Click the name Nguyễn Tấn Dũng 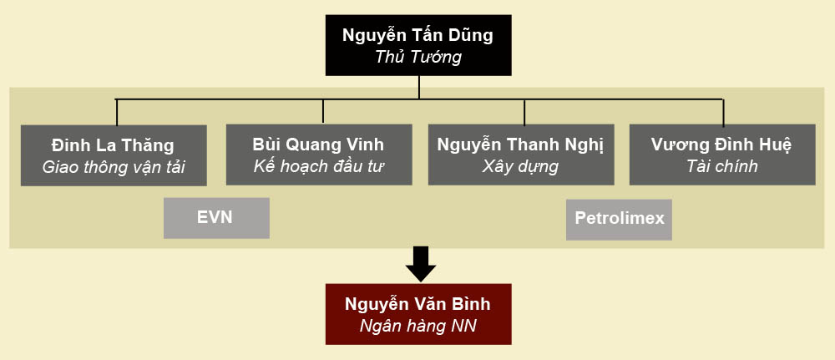tap(417, 35)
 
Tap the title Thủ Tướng tap(417, 58)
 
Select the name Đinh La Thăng tap(113, 145)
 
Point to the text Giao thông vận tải tap(113, 167)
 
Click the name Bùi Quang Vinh tap(319, 144)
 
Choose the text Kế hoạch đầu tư tap(319, 165)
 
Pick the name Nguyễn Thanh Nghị tap(520, 144)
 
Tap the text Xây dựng tap(520, 165)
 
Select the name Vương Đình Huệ tap(721, 144)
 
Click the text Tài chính tap(721, 165)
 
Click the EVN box tap(216, 218)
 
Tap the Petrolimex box tap(619, 219)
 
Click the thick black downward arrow tap(420, 264)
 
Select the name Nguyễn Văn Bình tap(417, 304)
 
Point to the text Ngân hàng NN tap(417, 326)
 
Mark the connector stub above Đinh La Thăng tap(116, 112)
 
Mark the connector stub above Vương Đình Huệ tap(723, 112)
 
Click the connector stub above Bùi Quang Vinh tap(323, 111)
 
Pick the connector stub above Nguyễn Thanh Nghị tap(524, 111)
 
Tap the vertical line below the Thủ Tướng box tap(420, 88)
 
